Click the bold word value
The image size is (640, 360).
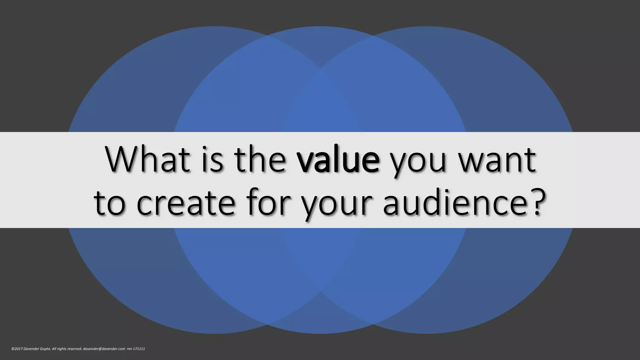(x=338, y=160)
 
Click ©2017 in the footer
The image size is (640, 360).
(x=17, y=349)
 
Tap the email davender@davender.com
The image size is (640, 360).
(x=104, y=349)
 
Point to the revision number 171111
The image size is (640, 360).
(x=139, y=349)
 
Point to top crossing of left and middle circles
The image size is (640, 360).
(x=267, y=37)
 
